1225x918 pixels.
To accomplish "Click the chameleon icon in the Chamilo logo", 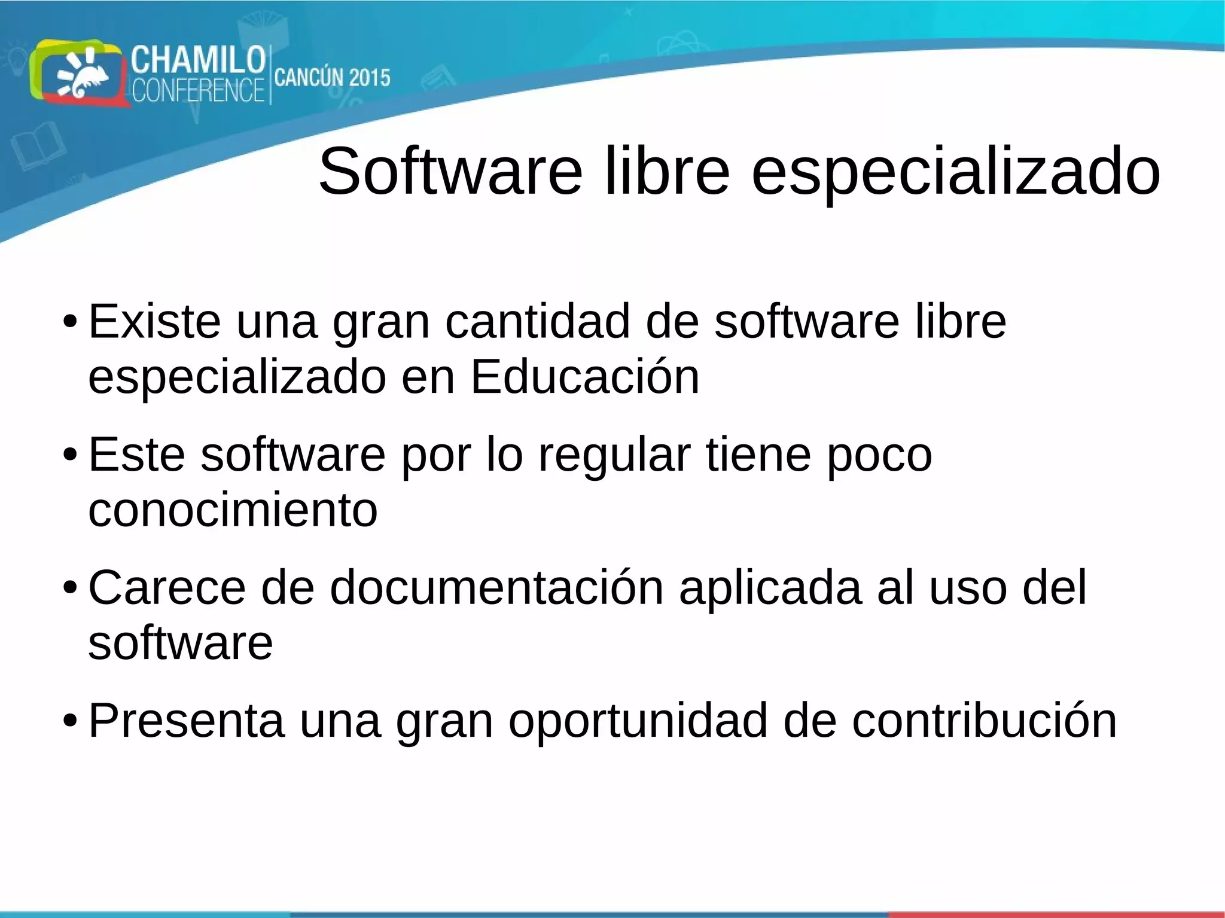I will [84, 75].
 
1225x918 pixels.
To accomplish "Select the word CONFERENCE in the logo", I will [197, 91].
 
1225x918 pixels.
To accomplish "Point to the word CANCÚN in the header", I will [309, 78].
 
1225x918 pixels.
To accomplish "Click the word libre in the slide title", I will [667, 172].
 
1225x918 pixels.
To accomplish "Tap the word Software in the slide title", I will [450, 172].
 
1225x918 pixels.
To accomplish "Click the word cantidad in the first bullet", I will [537, 322].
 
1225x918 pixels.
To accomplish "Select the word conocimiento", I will [233, 510].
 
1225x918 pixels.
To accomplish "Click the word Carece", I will [167, 588].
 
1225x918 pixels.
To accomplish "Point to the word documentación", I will [496, 588].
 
